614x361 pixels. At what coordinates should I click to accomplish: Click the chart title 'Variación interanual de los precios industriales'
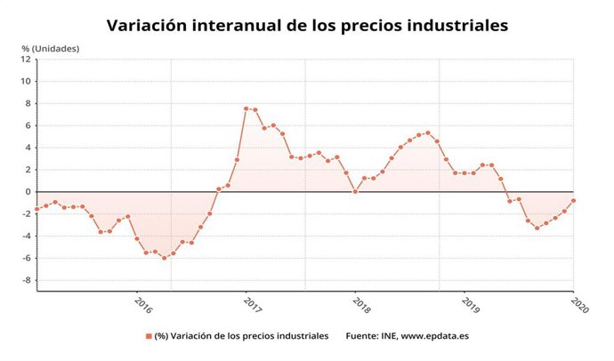(307, 25)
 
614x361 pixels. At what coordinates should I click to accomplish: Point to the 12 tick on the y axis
(27, 60)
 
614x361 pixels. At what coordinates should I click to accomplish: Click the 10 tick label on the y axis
(27, 82)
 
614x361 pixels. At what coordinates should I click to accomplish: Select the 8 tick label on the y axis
(28, 103)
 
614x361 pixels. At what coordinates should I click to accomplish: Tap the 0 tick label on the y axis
(28, 192)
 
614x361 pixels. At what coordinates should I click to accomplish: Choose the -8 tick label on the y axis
(27, 280)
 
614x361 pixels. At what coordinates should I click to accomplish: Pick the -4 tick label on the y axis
(27, 237)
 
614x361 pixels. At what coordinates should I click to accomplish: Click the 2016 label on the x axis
(142, 304)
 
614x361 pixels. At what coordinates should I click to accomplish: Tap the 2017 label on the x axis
(252, 304)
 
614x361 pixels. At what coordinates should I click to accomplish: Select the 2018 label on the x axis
(361, 304)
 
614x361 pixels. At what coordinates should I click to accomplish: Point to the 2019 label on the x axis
(471, 304)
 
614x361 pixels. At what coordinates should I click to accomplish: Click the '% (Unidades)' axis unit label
(51, 47)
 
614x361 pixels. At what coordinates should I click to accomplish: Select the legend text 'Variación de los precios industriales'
(241, 336)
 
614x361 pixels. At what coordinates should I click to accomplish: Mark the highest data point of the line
(246, 108)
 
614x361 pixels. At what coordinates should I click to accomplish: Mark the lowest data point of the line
(164, 258)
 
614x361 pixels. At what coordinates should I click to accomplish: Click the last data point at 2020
(573, 200)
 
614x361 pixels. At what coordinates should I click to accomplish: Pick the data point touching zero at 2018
(355, 191)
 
